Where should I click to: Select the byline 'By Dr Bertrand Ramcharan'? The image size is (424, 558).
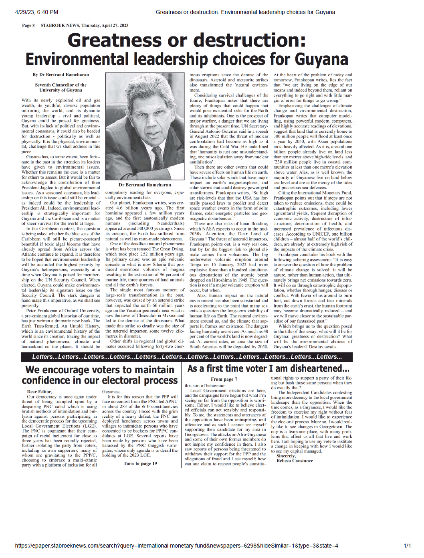click(61, 75)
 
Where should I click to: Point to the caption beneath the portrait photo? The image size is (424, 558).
click(145, 185)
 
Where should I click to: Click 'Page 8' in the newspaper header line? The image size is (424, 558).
click(28, 25)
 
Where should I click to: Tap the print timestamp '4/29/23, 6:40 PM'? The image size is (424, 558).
click(36, 12)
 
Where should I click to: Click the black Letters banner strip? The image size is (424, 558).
click(187, 357)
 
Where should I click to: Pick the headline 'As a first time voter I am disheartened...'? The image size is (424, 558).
click(268, 368)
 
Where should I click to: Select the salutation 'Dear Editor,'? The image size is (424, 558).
click(39, 392)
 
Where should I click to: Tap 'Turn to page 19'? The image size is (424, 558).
click(140, 463)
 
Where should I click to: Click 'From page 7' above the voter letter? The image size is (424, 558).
click(224, 379)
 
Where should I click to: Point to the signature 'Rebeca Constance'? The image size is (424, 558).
click(295, 461)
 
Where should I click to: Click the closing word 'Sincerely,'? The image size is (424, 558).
click(286, 456)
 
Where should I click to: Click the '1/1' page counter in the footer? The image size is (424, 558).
click(407, 546)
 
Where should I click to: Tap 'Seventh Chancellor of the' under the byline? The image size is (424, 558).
click(61, 85)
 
